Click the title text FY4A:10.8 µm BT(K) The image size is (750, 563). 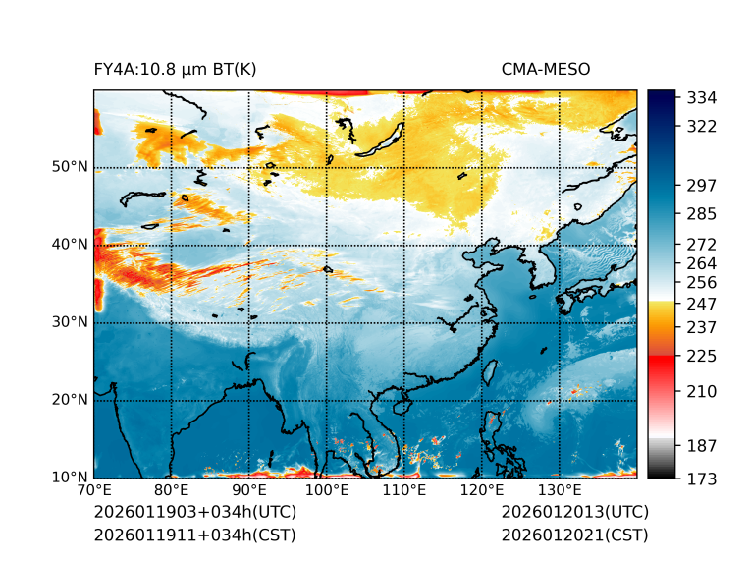coord(175,70)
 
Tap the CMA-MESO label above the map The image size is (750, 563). coord(545,70)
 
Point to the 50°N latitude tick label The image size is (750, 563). coord(70,167)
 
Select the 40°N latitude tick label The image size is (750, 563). coord(70,245)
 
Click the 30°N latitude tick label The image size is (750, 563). coord(70,322)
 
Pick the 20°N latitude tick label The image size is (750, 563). coord(70,400)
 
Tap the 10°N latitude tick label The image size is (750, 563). coord(70,478)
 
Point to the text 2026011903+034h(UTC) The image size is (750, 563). coord(194,513)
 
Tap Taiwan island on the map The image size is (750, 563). coord(491,371)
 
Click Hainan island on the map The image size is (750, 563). coord(399,404)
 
